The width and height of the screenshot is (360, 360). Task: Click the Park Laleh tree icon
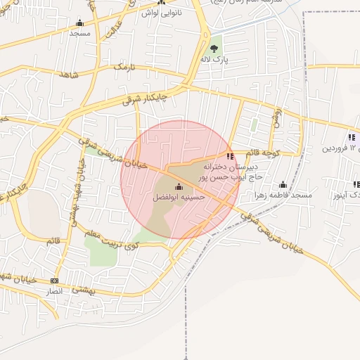tap(214, 49)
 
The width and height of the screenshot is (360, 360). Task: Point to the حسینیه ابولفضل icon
tap(178, 187)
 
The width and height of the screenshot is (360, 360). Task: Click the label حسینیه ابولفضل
tap(178, 198)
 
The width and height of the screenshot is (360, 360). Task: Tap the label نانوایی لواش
tap(161, 13)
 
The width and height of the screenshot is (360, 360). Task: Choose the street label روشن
tap(277, 115)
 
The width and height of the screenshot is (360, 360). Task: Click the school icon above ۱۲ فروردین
tap(351, 137)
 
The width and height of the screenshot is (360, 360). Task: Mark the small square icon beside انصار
tap(54, 281)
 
